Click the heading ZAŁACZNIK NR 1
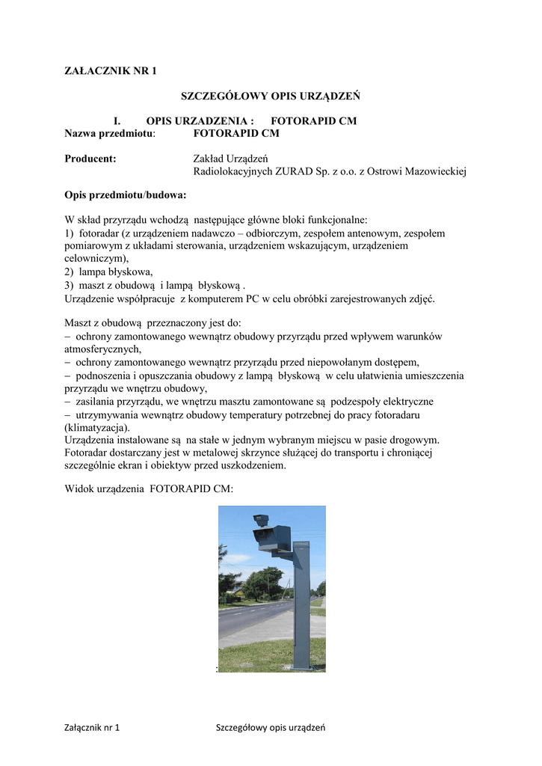(x=111, y=71)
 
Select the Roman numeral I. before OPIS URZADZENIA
(x=117, y=120)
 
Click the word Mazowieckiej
(x=433, y=171)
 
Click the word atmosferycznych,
(x=103, y=349)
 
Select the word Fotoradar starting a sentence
(x=87, y=452)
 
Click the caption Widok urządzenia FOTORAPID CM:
(x=150, y=489)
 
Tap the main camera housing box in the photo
(x=271, y=537)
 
